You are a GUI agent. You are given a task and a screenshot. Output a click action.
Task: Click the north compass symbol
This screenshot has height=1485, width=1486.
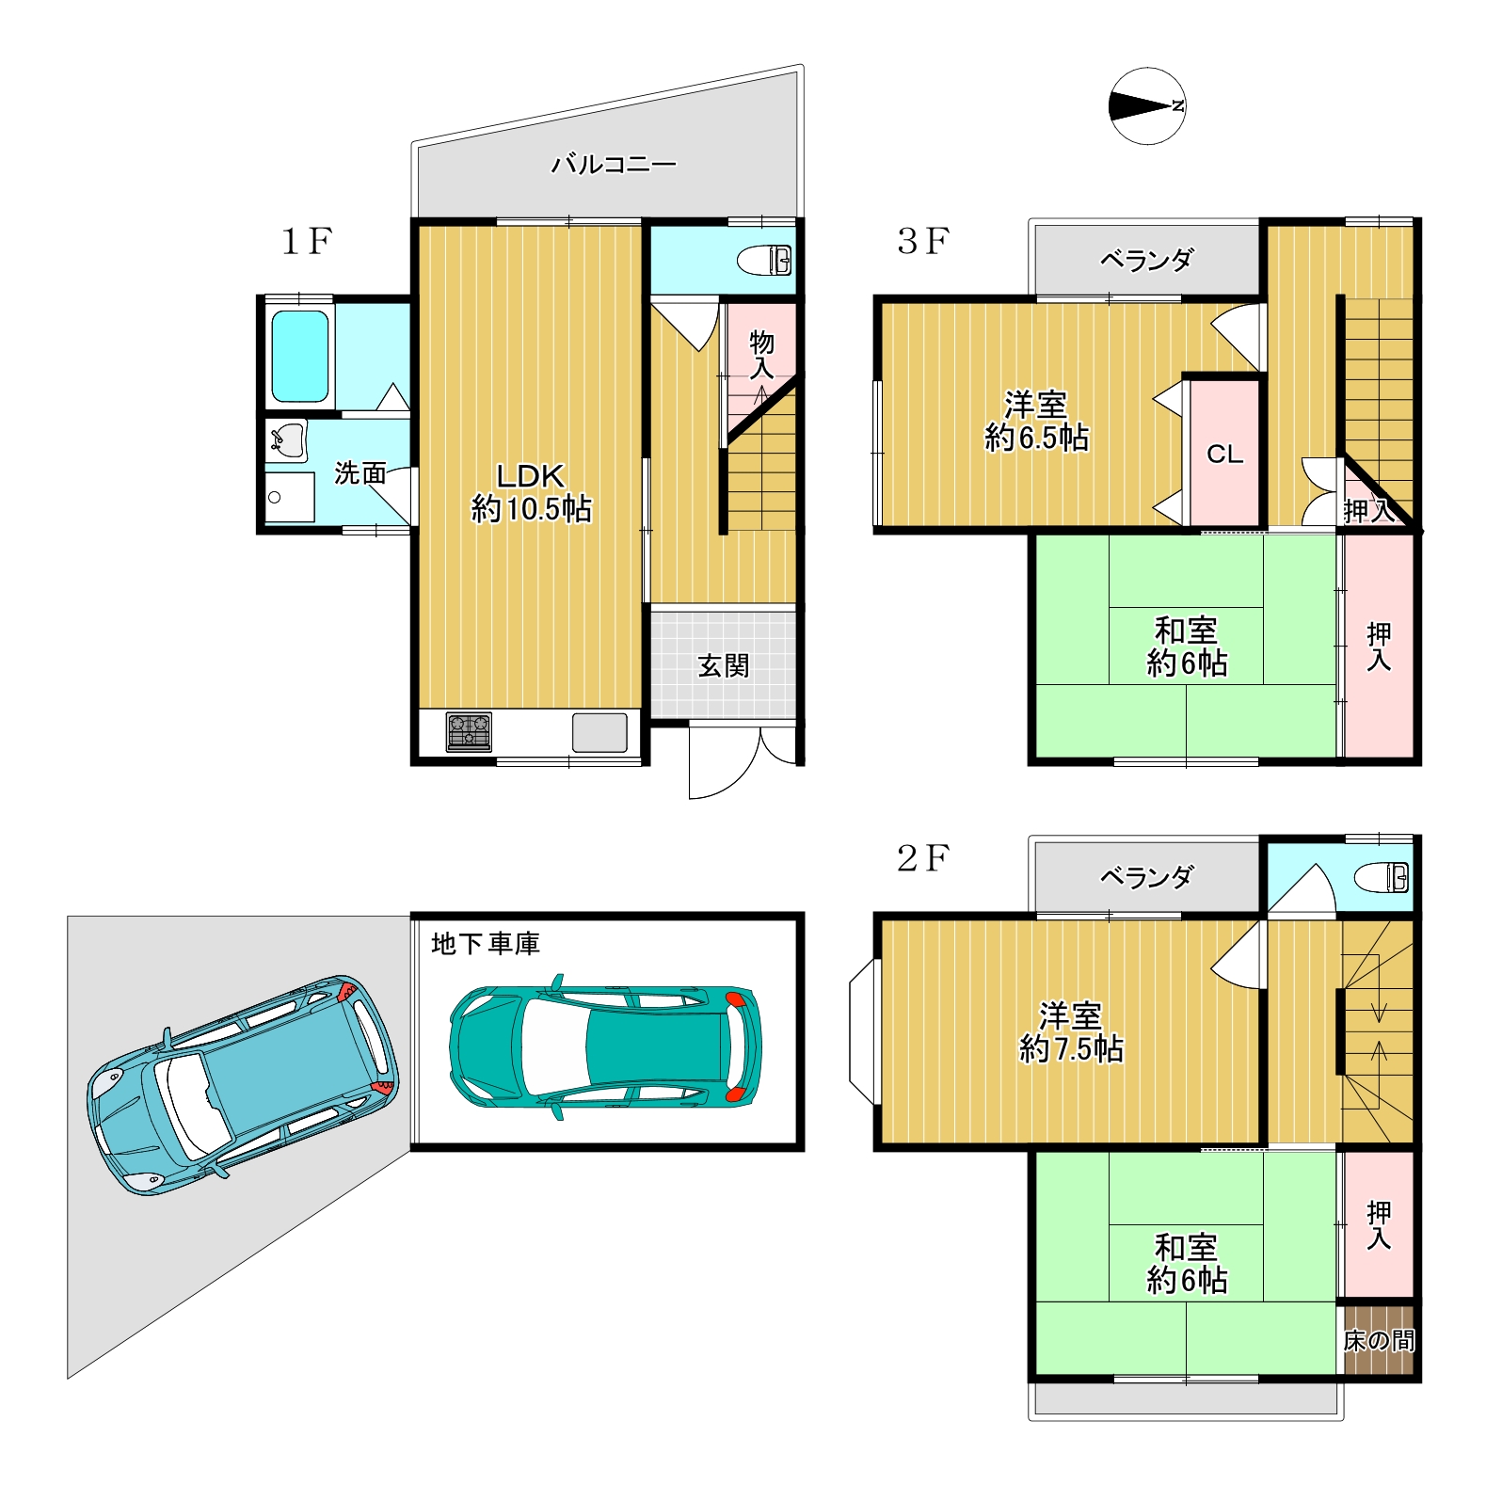click(1147, 106)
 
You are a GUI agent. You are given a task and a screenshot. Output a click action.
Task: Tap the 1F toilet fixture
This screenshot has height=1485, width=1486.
click(764, 260)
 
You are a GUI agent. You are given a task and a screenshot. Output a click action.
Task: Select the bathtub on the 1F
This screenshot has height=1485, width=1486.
click(300, 356)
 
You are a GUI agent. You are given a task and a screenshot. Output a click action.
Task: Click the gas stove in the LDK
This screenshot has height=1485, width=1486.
click(469, 732)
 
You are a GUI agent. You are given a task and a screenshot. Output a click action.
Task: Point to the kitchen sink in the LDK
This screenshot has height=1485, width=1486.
click(599, 732)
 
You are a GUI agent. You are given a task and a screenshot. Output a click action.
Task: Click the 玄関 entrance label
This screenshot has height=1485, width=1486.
click(724, 666)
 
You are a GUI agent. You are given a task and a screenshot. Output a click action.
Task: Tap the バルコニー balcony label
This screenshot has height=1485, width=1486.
click(614, 165)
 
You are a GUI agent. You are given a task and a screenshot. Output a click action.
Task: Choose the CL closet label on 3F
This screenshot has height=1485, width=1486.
click(1225, 455)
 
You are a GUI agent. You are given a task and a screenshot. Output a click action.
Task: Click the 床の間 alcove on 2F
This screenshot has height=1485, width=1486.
click(1379, 1339)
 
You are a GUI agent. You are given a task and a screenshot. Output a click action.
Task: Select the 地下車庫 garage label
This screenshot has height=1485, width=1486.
click(486, 944)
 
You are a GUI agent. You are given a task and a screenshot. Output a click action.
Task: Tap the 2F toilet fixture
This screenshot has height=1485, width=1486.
click(1382, 878)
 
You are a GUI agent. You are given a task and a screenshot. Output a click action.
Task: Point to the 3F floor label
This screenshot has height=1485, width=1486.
click(923, 241)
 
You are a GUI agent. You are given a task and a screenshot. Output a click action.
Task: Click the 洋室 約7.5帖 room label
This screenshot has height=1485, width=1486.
click(1072, 1032)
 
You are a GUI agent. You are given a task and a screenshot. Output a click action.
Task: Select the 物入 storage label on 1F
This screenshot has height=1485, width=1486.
click(761, 355)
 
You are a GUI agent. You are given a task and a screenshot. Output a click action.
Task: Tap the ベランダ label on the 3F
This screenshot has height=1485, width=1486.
click(1147, 260)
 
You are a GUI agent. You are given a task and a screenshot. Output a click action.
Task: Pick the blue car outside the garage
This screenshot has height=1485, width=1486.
click(243, 1085)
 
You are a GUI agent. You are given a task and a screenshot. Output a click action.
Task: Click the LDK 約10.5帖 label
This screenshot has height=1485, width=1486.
click(532, 492)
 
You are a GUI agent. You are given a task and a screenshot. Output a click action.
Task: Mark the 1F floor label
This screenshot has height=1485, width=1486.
click(307, 242)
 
